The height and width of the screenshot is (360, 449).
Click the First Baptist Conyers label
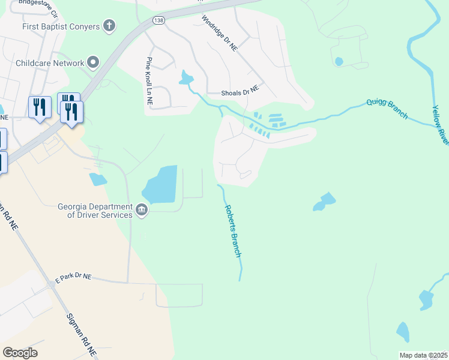[x=60, y=26]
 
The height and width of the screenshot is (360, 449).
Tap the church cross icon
[x=109, y=25]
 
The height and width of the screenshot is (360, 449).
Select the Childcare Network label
[x=50, y=63]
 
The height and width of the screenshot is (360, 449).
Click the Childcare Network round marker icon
[x=93, y=62]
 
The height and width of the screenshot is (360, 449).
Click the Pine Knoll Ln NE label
[x=148, y=82]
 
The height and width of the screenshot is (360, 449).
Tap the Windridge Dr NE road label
[x=220, y=34]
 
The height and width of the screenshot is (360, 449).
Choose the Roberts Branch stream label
[x=233, y=231]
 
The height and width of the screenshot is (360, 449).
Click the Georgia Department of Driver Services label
[x=94, y=211]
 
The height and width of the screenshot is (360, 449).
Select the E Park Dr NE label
[x=73, y=277]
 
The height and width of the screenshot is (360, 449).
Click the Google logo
[x=20, y=353]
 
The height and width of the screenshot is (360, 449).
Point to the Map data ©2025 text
[x=423, y=355]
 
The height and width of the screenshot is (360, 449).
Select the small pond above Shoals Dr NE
[x=185, y=77]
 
